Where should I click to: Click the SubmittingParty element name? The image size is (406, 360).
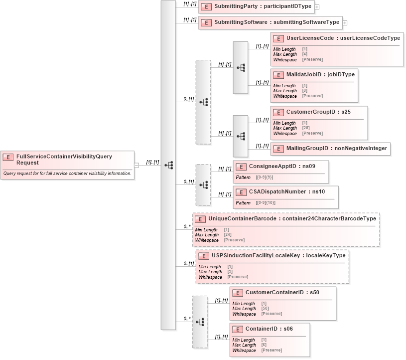coord(263,7)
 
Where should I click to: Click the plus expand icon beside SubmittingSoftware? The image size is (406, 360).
coord(345,23)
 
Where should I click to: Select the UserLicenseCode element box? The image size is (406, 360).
coord(343,38)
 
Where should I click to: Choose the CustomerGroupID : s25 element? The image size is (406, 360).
coord(318,112)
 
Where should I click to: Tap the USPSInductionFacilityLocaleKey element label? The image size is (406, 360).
coord(278,256)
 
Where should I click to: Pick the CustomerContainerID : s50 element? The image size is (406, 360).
coord(282,292)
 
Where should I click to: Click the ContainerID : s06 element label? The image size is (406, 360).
coord(269,329)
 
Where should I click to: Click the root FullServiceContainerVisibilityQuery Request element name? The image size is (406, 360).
coord(64,159)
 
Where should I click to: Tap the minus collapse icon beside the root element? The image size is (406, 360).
coord(136,165)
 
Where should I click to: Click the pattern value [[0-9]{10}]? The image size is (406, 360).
coord(265,203)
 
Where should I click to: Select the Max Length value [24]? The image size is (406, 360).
coord(227,235)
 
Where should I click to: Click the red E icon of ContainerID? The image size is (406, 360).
coord(238,329)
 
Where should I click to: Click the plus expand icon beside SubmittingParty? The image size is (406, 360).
coord(317,7)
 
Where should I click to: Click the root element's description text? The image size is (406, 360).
coord(67,174)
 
